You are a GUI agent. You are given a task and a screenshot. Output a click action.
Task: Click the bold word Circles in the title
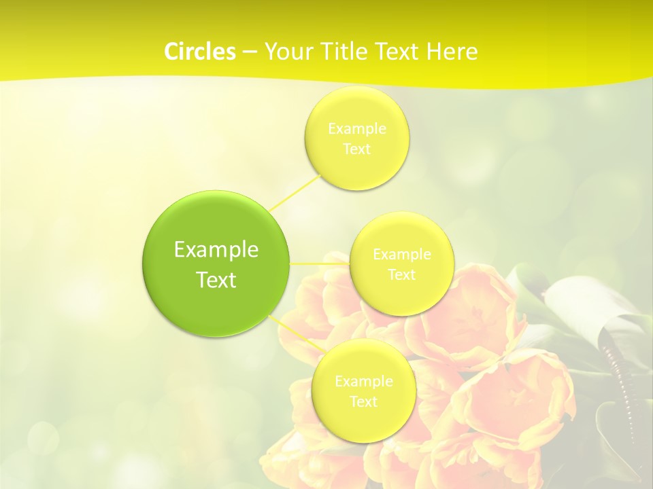[199, 52]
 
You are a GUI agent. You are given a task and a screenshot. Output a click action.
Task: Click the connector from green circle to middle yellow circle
[319, 263]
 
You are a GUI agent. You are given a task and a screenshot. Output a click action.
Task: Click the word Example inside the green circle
[216, 250]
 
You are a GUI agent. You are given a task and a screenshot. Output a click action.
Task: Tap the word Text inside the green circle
[216, 280]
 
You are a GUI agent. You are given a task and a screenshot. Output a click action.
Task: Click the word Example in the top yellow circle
[357, 128]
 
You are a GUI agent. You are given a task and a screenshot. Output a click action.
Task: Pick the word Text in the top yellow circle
[357, 149]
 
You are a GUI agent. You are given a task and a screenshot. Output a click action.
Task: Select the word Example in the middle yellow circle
[401, 254]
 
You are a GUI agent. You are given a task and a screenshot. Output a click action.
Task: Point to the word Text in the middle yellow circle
[401, 275]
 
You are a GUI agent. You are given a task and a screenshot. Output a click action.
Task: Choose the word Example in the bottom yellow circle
[363, 381]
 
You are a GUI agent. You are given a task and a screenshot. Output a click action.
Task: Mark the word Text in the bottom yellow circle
[363, 402]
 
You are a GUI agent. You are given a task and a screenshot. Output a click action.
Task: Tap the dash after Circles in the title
[249, 52]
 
